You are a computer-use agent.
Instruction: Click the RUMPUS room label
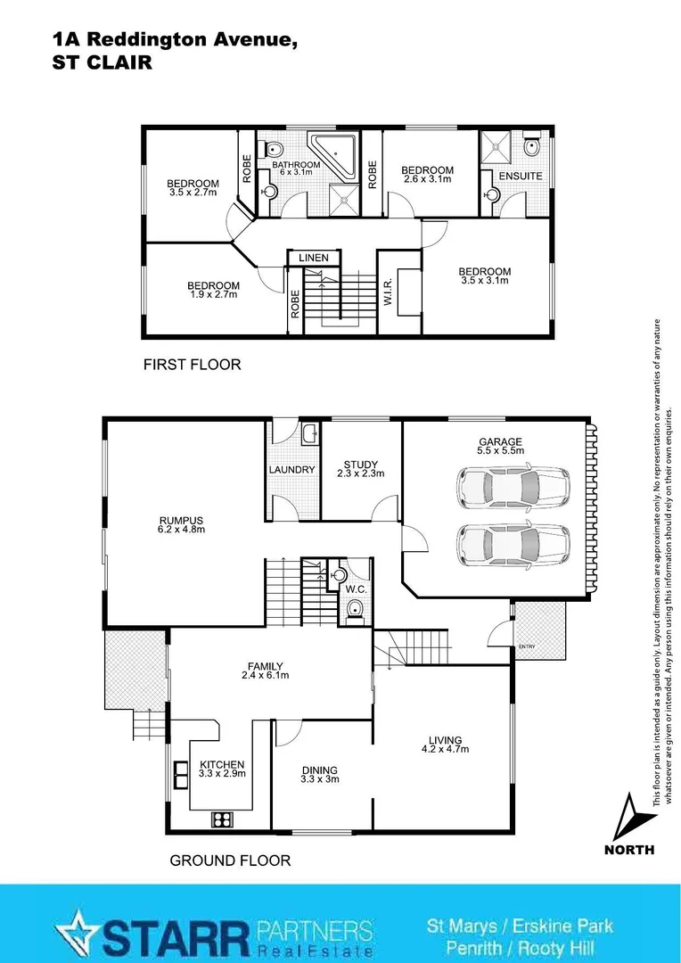182,524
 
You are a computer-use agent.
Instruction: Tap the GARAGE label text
500,441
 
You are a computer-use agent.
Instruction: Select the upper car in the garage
513,487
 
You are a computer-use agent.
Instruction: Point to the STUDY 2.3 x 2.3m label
361,468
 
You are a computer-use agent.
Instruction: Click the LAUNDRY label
291,470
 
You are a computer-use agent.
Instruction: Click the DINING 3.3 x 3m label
319,774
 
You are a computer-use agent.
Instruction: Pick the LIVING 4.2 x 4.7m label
445,744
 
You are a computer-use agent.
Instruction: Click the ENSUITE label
520,176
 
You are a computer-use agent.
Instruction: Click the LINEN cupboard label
313,258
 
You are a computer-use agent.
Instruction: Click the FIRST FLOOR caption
192,365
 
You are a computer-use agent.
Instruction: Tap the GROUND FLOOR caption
230,860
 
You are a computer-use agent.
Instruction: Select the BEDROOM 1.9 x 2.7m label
213,290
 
